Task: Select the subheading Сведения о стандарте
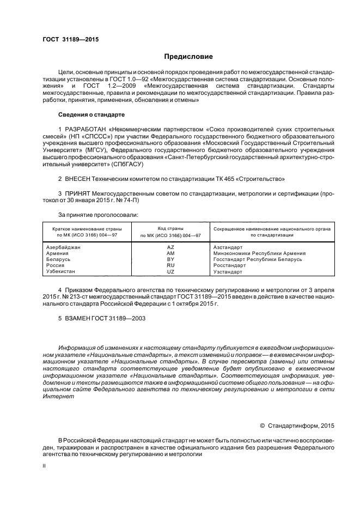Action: point(91,115)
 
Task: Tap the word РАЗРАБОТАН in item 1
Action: point(86,130)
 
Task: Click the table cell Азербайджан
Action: point(63,247)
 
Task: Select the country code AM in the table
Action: point(170,253)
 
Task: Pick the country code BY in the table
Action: point(170,259)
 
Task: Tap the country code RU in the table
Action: point(170,265)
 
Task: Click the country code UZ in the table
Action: point(170,271)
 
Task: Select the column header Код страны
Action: point(170,229)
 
